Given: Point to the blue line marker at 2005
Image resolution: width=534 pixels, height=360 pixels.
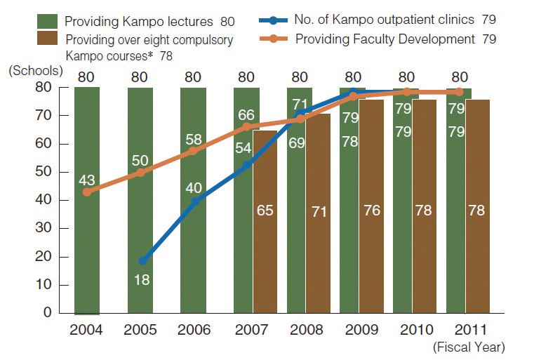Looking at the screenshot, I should coord(143,260).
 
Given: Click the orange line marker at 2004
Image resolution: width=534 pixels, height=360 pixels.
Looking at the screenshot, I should coord(86,192).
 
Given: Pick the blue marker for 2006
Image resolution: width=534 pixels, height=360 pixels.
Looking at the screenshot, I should coord(195,201).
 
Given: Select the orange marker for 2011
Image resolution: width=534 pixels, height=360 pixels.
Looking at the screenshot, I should coord(460,91).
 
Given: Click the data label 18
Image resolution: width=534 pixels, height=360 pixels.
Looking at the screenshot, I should coord(142,281).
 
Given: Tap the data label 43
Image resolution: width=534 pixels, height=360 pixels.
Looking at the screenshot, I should coord(86,179).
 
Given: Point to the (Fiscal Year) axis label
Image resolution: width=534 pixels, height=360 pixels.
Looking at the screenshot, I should coord(469,346).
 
